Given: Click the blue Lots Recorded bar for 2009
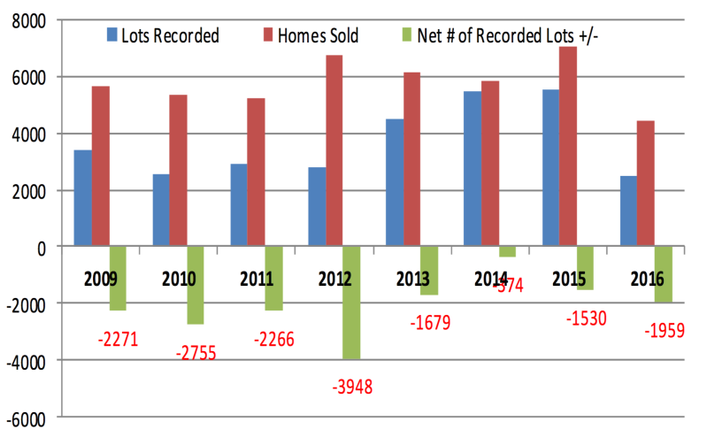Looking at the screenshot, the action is click(82, 198).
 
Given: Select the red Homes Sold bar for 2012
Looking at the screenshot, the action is click(334, 150).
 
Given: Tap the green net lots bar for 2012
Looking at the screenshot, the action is click(351, 303).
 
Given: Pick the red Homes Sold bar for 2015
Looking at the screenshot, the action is click(568, 146).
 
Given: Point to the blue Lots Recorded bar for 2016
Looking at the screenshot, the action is click(628, 211).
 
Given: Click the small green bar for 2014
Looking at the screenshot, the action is click(507, 251).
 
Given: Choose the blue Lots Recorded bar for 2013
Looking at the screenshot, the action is click(395, 182).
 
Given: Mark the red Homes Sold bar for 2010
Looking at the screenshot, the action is click(178, 171).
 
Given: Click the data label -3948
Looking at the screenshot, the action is click(352, 387).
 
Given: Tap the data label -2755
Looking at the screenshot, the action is click(196, 353).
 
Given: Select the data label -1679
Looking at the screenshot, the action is click(431, 323).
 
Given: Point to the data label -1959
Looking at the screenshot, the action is click(665, 331).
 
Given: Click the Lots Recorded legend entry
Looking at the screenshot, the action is click(163, 35).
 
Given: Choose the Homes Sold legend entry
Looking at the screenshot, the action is click(311, 35).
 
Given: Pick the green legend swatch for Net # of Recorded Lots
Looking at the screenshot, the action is click(407, 34).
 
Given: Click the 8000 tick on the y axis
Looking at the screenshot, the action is click(29, 21).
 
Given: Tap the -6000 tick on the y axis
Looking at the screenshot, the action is click(27, 420).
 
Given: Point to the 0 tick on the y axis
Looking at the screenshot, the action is click(42, 249).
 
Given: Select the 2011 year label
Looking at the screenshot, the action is click(257, 280).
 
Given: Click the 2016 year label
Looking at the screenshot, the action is click(648, 280).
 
